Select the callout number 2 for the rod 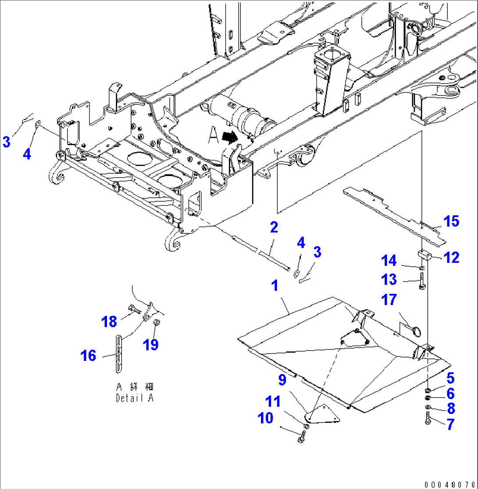click(274, 227)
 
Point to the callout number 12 click(450, 257)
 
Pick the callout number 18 click(109, 321)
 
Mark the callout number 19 click(151, 345)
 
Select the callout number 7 click(450, 424)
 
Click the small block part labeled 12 click(424, 254)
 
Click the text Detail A click(136, 398)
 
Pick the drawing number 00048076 click(450, 484)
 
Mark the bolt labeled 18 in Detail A click(134, 311)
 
